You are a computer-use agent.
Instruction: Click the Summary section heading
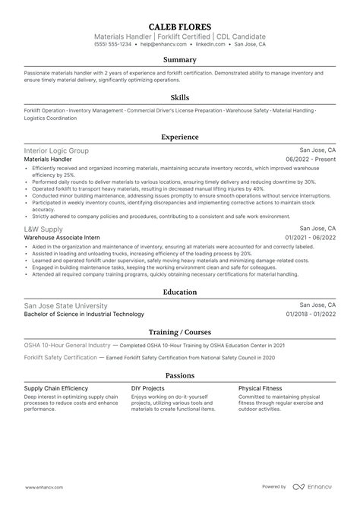point(180,59)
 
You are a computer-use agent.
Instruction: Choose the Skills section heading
point(180,97)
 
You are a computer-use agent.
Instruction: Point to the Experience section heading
point(180,137)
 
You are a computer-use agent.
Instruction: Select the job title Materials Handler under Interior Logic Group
point(49,160)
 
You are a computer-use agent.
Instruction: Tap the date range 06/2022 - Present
point(311,160)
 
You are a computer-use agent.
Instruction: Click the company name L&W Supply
point(43,228)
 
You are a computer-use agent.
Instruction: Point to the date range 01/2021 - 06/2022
point(311,238)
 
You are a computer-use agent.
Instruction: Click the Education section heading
point(180,291)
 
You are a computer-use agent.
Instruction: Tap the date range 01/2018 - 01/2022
point(311,315)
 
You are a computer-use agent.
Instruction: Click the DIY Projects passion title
point(149,387)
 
